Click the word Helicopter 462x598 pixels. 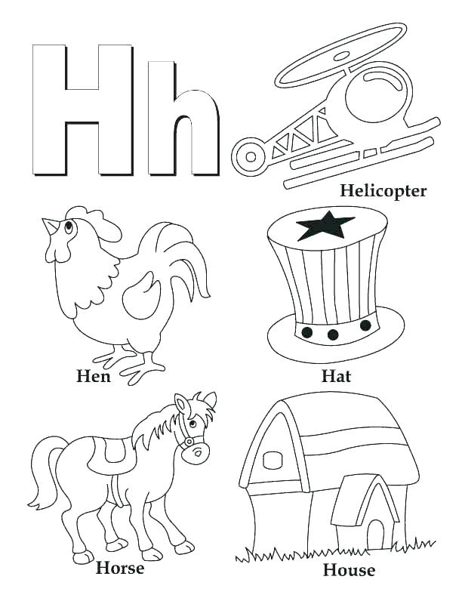(383, 190)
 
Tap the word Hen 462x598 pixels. (94, 375)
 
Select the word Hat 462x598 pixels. (336, 375)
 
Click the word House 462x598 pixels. (349, 569)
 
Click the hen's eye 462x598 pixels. (69, 226)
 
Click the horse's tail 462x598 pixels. (43, 473)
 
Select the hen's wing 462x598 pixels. (139, 294)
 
